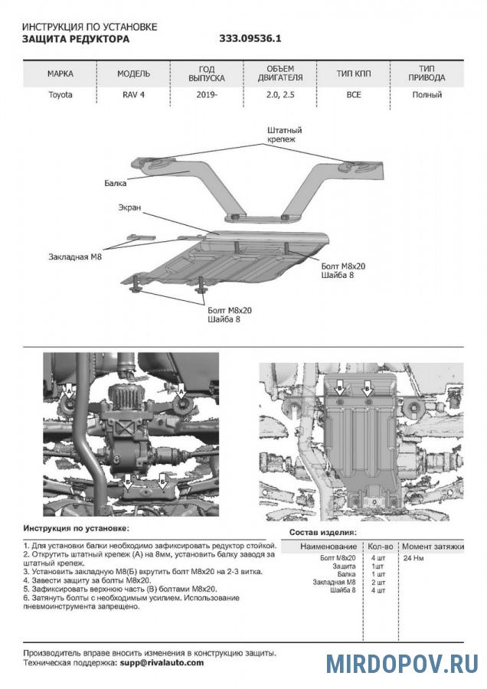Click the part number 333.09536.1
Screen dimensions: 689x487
pyautogui.click(x=250, y=38)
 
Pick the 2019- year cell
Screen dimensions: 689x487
pyautogui.click(x=206, y=95)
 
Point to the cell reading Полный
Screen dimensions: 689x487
pyautogui.click(x=427, y=95)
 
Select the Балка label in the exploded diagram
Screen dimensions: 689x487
pyautogui.click(x=116, y=184)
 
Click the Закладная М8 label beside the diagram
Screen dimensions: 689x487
pyautogui.click(x=74, y=257)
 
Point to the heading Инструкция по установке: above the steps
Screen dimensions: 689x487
pyautogui.click(x=76, y=528)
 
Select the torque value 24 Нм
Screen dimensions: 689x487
pyautogui.click(x=413, y=559)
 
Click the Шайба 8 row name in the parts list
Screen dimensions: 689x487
pyautogui.click(x=342, y=590)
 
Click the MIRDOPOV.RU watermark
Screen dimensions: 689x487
pyautogui.click(x=402, y=663)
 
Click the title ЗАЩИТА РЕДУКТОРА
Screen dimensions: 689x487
pyautogui.click(x=76, y=38)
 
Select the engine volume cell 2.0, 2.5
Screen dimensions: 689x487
pyautogui.click(x=281, y=95)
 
